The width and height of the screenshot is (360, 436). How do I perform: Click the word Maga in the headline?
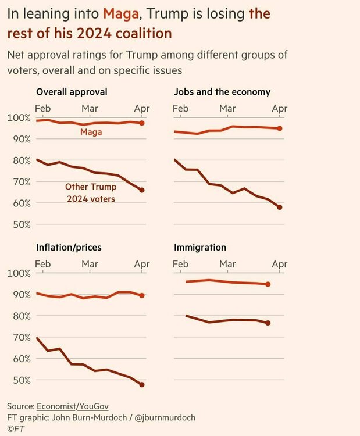pos(121,13)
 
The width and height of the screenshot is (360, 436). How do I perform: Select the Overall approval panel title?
pos(72,92)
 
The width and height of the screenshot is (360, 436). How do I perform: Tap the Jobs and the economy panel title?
pos(222,92)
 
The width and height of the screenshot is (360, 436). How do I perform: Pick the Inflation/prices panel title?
pos(69,247)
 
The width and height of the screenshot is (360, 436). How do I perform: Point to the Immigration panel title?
pos(200,247)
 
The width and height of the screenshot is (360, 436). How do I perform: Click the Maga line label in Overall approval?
pos(92,133)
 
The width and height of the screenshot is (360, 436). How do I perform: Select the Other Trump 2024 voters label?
pos(90,193)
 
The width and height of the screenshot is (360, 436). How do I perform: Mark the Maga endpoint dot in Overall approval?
pos(142,123)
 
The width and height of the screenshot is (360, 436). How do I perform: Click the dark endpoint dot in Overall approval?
pos(142,190)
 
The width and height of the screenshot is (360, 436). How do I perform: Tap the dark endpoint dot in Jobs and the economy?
pos(280,208)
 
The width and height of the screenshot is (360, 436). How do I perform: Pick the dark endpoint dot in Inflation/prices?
pos(142,385)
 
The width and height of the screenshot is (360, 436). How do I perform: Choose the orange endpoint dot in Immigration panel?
pos(268,284)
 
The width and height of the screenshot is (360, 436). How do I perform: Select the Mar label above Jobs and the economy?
pos(227,108)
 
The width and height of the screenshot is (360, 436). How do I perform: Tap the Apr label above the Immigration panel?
pos(280,264)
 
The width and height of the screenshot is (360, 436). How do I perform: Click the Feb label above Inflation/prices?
pos(43,264)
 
